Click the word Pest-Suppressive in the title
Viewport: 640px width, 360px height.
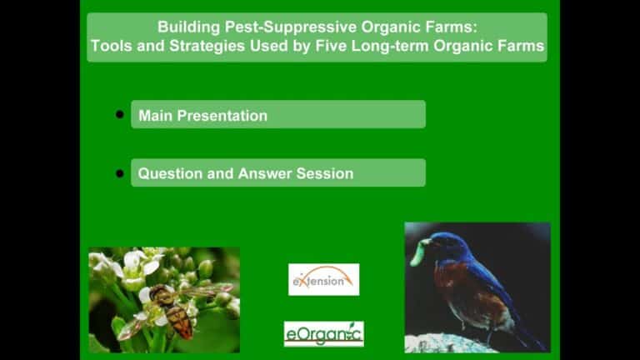point(290,27)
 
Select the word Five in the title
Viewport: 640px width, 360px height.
point(331,46)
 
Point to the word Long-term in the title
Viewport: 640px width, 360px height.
point(390,46)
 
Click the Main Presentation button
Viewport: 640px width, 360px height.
point(278,115)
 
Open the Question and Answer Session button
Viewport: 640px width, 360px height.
point(278,172)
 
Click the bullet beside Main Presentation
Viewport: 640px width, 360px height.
point(120,114)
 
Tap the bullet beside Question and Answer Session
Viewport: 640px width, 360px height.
point(120,173)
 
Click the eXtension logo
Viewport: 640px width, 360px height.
point(323,280)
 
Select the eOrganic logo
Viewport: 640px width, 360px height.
point(323,334)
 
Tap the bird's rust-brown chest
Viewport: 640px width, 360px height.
point(453,286)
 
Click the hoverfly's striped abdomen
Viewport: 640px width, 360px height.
point(180,321)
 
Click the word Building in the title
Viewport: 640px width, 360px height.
point(188,27)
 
